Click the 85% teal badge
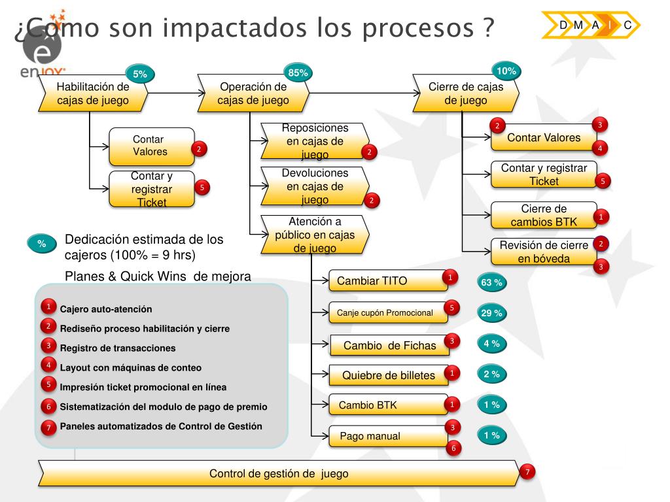(298, 73)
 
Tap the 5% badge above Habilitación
(140, 75)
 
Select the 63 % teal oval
(491, 283)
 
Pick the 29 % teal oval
(491, 313)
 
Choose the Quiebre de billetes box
(389, 375)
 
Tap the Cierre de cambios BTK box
(544, 215)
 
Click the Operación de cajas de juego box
(253, 93)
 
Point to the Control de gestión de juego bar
(279, 473)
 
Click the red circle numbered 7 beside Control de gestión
(527, 472)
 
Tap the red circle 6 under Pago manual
(453, 448)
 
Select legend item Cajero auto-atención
(106, 309)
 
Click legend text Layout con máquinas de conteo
(131, 368)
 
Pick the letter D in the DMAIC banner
(563, 25)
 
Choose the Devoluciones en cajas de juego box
(315, 186)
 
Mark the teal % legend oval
(43, 244)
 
